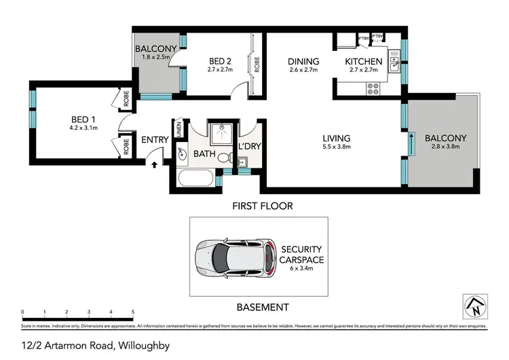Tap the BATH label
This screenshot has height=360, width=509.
[204, 154]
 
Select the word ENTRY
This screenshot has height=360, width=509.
[155, 141]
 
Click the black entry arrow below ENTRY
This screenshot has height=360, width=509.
[155, 164]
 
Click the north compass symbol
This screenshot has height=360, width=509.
[474, 306]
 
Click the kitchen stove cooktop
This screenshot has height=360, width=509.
[373, 86]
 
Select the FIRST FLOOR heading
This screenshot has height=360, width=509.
[263, 205]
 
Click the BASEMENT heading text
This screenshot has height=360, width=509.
[263, 307]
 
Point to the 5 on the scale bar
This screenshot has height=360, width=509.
[133, 312]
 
